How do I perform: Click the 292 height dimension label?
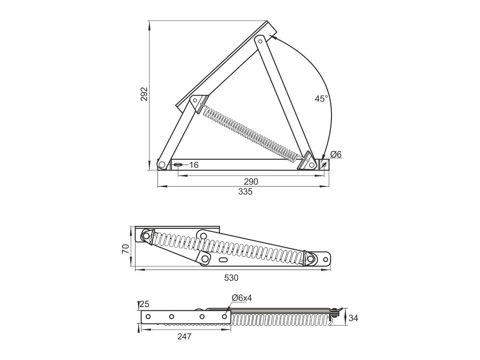[144, 94]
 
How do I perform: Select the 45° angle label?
[322, 98]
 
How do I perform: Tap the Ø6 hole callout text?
[336, 154]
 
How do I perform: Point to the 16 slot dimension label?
[194, 165]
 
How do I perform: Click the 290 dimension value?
[251, 181]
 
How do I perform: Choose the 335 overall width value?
[246, 192]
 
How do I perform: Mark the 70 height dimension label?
[125, 248]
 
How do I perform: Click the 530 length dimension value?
[232, 278]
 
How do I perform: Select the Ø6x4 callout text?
[242, 298]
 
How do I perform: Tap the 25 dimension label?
[144, 304]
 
